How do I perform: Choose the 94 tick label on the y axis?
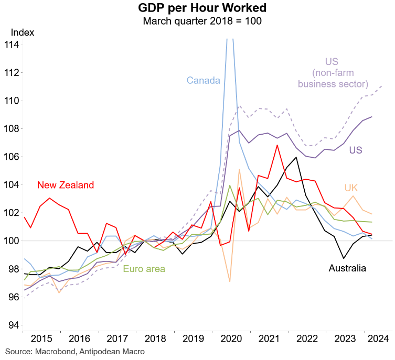pos(13,325)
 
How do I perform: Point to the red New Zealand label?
pos(66,185)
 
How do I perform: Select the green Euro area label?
pos(144,269)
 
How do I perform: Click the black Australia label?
pos(347,269)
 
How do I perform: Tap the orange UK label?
pos(350,188)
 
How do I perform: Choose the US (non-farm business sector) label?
pos(333,73)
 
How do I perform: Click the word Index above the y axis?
pos(22,32)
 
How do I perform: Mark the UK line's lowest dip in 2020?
pos(229,281)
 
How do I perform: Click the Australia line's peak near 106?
pos(296,157)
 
